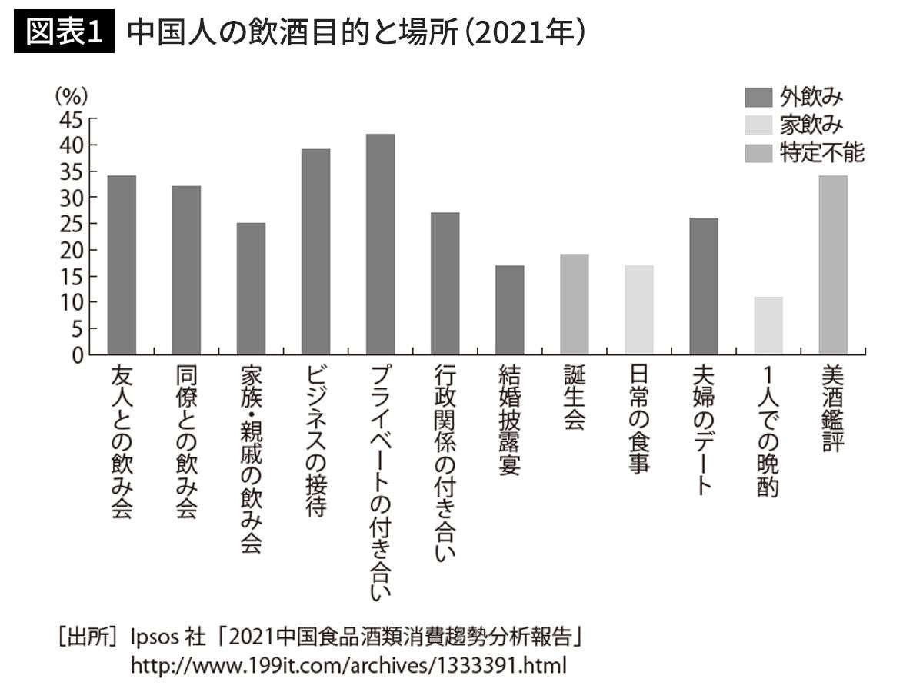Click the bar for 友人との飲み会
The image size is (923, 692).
click(122, 265)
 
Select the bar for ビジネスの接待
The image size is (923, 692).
click(315, 251)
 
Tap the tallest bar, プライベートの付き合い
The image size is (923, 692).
click(380, 245)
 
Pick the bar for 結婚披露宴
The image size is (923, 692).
click(509, 310)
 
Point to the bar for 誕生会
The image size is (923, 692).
click(574, 304)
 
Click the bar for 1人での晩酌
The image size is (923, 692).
click(768, 325)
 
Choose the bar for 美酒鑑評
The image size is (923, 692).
click(832, 265)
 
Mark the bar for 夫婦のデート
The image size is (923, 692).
click(703, 286)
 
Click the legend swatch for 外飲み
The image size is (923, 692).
click(758, 98)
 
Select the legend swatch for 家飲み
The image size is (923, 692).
click(758, 125)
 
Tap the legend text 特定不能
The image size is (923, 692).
click(822, 153)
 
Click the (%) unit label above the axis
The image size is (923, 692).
click(71, 97)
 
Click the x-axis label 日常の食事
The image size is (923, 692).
click(638, 420)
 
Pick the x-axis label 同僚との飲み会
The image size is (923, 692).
click(186, 442)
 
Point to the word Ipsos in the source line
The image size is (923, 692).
click(155, 637)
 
